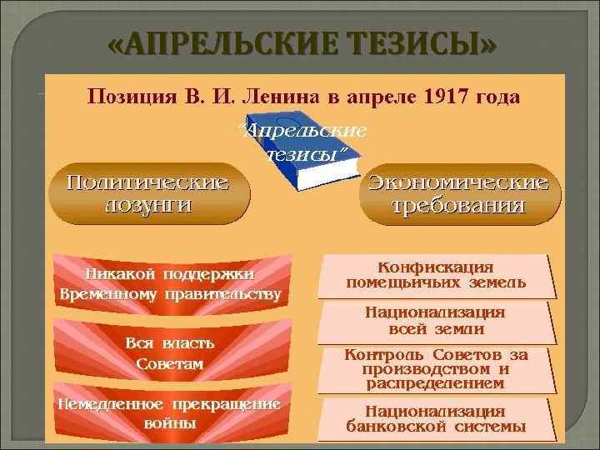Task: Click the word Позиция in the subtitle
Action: (x=127, y=98)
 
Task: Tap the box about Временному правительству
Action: (x=170, y=284)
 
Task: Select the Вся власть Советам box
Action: (x=170, y=353)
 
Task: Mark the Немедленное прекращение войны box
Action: (x=170, y=412)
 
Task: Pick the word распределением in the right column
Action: (x=436, y=384)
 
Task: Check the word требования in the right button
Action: (x=458, y=206)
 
